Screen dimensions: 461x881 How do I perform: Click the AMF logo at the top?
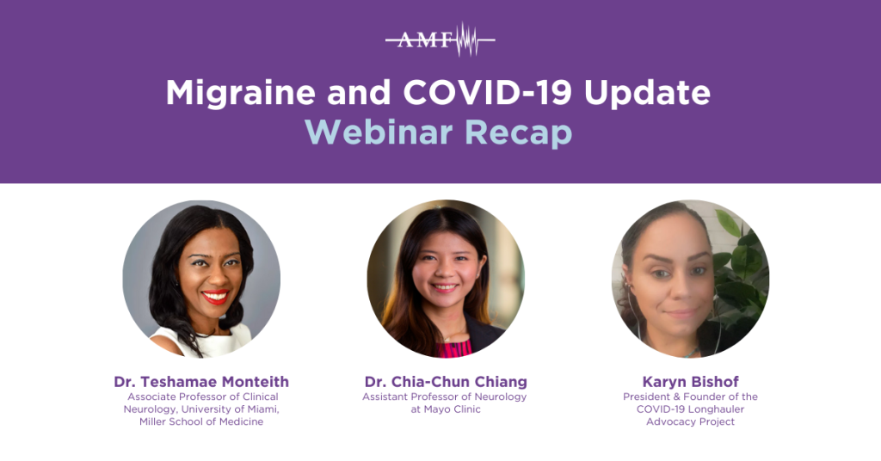point(440,40)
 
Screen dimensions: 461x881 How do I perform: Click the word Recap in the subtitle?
point(521,132)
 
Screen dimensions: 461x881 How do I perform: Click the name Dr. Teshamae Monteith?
point(201,381)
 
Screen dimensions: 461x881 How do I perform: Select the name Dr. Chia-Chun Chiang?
point(445,381)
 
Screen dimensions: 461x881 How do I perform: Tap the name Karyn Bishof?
point(690,381)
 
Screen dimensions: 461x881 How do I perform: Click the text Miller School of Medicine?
point(201,422)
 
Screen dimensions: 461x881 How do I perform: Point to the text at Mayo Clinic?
point(445,409)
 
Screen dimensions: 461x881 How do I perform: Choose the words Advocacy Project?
point(690,422)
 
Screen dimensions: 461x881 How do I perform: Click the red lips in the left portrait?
point(214,297)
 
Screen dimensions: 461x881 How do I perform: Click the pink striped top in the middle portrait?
point(453,348)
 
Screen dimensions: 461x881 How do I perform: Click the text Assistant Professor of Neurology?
point(445,396)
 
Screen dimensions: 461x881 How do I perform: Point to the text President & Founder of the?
point(690,396)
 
